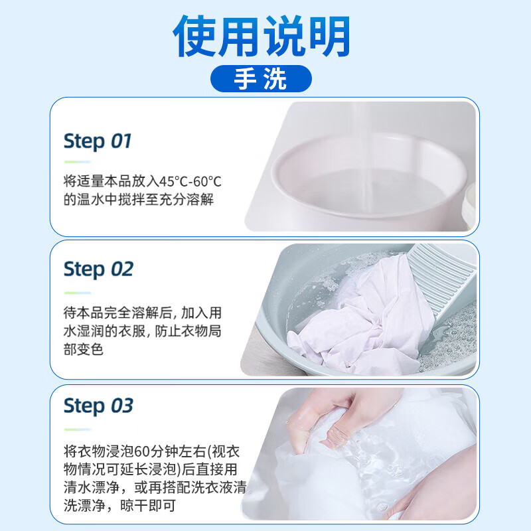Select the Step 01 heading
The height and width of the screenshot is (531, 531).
click(98, 141)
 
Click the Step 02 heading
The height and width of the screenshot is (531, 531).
click(98, 269)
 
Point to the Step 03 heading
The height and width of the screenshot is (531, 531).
click(98, 405)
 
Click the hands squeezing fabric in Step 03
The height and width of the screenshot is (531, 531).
click(332, 425)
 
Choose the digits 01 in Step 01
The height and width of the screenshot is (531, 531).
click(121, 141)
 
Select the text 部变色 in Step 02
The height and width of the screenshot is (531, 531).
click(84, 348)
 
